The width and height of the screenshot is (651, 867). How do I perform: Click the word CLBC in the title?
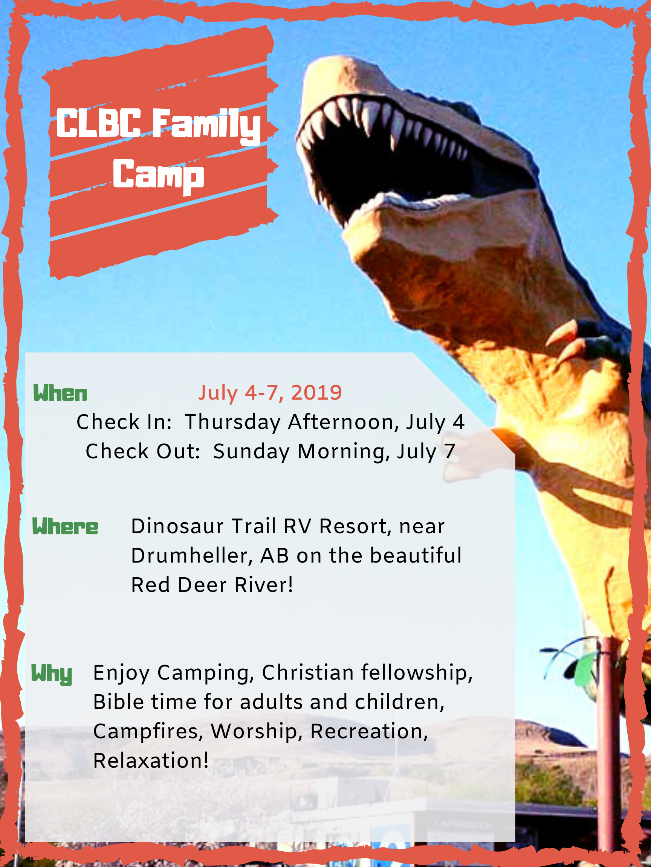[98, 123]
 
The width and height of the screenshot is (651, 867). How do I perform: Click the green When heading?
[60, 393]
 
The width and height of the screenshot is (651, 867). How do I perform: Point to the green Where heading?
[65, 526]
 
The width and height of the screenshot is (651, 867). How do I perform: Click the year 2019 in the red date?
[316, 392]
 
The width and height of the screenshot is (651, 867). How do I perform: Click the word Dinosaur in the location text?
[177, 526]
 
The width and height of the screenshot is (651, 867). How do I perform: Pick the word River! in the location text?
[264, 585]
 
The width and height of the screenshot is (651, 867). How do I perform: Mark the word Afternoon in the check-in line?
[343, 422]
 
